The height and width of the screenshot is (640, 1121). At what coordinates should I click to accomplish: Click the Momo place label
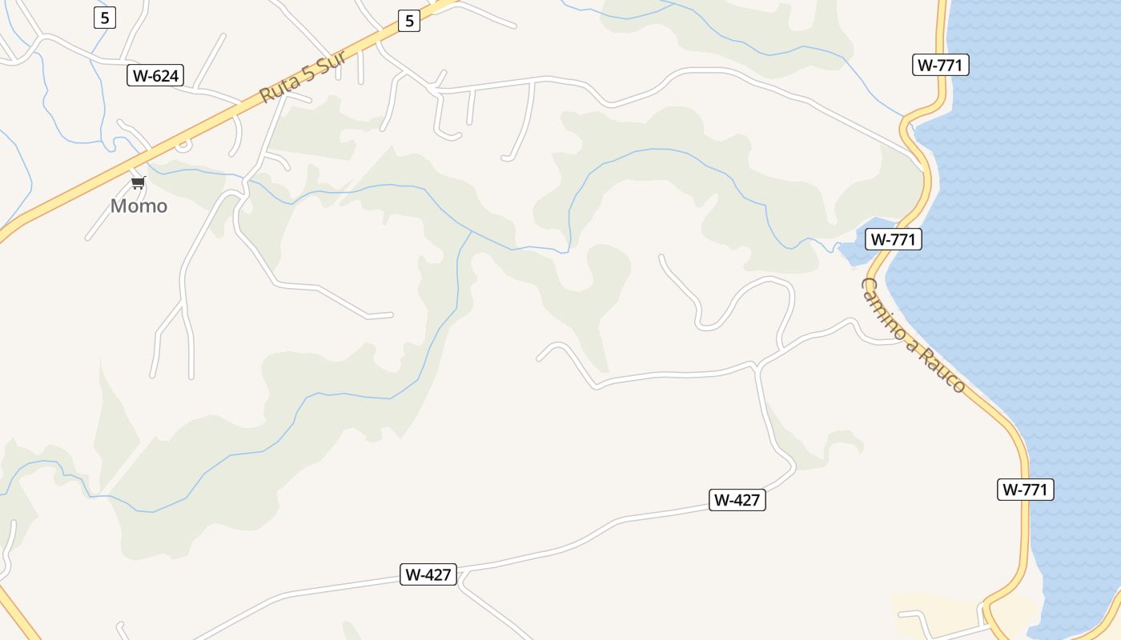click(139, 206)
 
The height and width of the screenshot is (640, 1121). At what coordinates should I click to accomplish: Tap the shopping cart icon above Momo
click(139, 183)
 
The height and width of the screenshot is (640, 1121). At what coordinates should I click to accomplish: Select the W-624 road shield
click(155, 76)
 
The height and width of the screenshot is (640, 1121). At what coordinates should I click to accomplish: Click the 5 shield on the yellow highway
click(409, 21)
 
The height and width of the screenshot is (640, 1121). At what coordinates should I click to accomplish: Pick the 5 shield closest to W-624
click(104, 17)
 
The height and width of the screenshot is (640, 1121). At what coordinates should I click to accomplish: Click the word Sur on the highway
click(330, 58)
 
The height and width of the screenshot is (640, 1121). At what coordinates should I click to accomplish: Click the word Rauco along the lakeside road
click(945, 370)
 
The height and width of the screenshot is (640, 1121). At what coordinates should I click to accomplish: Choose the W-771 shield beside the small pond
click(893, 238)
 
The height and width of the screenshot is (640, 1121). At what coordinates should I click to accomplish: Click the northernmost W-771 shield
click(940, 65)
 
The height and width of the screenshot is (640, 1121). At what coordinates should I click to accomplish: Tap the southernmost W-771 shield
click(1025, 490)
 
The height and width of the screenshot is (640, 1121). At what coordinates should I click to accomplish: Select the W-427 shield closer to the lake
click(737, 500)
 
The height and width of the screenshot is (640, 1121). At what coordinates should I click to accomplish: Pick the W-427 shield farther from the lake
click(428, 574)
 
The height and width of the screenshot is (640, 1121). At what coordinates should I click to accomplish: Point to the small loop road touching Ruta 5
click(183, 146)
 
